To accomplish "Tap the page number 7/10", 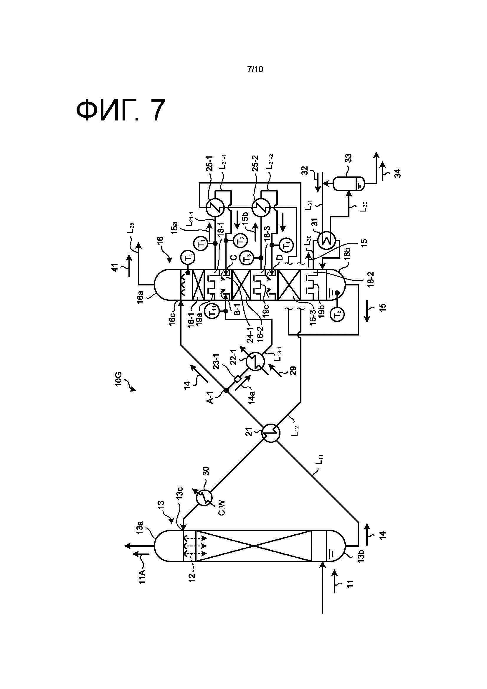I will pos(255,69).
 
